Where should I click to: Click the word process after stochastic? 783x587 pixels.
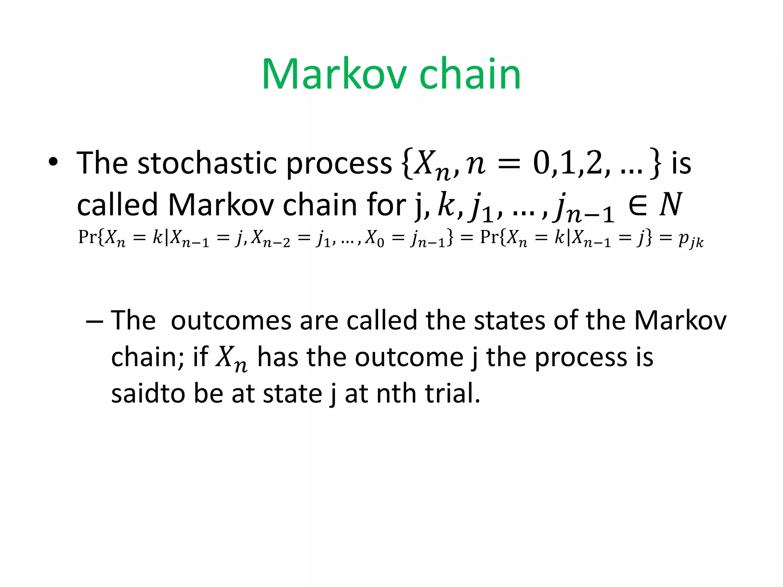tap(339, 164)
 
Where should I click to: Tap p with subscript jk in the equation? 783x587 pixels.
tap(690, 239)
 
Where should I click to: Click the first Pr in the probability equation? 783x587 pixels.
tap(87, 237)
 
